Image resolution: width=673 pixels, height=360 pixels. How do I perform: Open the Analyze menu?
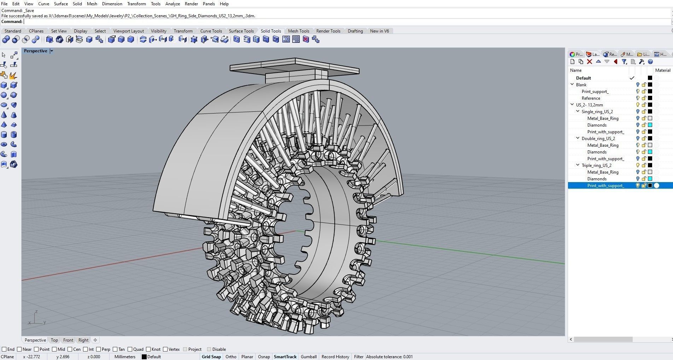click(172, 4)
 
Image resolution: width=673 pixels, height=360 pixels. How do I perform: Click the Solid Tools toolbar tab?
click(271, 31)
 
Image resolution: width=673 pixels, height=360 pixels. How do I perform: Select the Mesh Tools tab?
click(298, 31)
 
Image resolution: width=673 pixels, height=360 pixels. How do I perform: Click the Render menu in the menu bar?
click(191, 4)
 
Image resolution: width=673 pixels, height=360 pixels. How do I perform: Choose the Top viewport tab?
click(54, 340)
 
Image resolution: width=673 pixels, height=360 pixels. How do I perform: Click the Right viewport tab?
click(83, 340)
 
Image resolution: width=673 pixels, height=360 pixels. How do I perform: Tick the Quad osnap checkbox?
click(130, 349)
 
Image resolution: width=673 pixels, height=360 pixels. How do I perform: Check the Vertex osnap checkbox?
click(166, 349)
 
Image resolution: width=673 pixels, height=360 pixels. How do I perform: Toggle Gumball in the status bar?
click(308, 356)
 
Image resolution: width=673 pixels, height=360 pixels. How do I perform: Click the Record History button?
click(335, 356)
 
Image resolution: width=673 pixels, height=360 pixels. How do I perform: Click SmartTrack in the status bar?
click(285, 356)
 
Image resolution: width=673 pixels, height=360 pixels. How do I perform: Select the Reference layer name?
click(591, 98)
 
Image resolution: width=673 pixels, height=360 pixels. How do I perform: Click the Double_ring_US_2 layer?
click(598, 138)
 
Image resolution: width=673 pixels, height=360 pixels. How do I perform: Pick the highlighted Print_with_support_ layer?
click(605, 185)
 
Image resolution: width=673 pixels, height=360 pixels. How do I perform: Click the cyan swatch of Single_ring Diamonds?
click(650, 125)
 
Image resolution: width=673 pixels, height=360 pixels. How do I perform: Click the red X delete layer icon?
click(589, 62)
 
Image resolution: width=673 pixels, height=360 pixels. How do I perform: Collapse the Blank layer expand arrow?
click(572, 85)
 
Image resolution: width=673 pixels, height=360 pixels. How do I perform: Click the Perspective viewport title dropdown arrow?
click(52, 51)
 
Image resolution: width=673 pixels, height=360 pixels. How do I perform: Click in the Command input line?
click(318, 22)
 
